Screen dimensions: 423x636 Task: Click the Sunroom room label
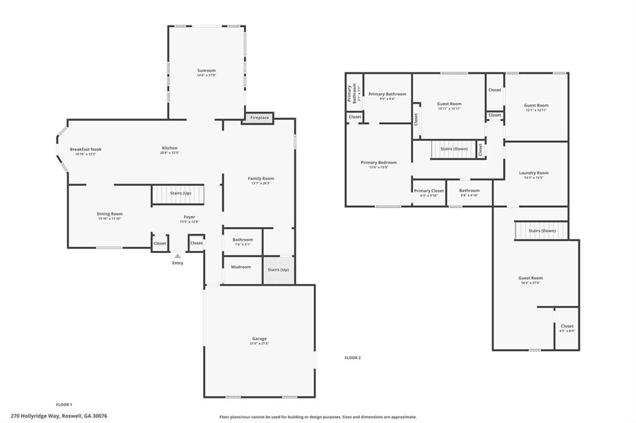[x=206, y=71]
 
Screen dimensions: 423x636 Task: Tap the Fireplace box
[x=260, y=117]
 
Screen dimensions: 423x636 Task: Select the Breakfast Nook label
[x=86, y=149]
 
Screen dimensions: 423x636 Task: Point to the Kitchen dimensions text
[x=170, y=153]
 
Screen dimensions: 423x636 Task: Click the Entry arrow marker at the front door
[x=178, y=256]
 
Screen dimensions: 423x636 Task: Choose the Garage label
[x=259, y=339]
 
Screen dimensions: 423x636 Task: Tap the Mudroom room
[x=241, y=267]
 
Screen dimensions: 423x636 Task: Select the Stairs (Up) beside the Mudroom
[x=278, y=270]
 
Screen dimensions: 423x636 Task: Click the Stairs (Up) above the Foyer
[x=180, y=194]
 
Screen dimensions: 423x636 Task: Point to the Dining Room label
[x=109, y=214]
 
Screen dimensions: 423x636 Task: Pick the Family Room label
[x=261, y=179]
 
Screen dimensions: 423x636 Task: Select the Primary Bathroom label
[x=387, y=94]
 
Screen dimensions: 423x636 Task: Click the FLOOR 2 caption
[x=353, y=358]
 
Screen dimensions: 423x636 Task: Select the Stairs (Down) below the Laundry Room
[x=542, y=231]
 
